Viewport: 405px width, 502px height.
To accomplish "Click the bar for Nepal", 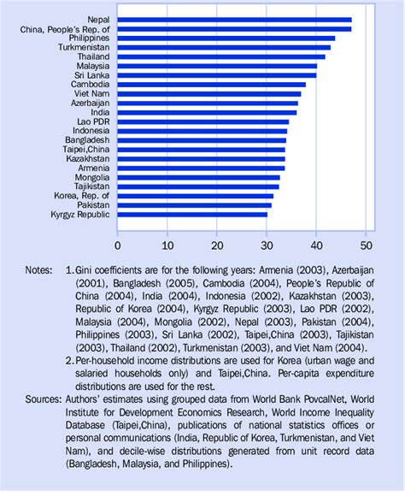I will (235, 19).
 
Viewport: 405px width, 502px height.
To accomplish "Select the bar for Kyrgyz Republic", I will (192, 215).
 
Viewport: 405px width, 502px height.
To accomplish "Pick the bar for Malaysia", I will (218, 66).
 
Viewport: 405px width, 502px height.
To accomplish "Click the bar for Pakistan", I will (195, 205).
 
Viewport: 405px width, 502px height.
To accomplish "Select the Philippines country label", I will (86, 38).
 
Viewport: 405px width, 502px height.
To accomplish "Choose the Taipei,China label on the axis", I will (82, 150).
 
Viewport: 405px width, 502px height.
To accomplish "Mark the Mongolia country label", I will (89, 177).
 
